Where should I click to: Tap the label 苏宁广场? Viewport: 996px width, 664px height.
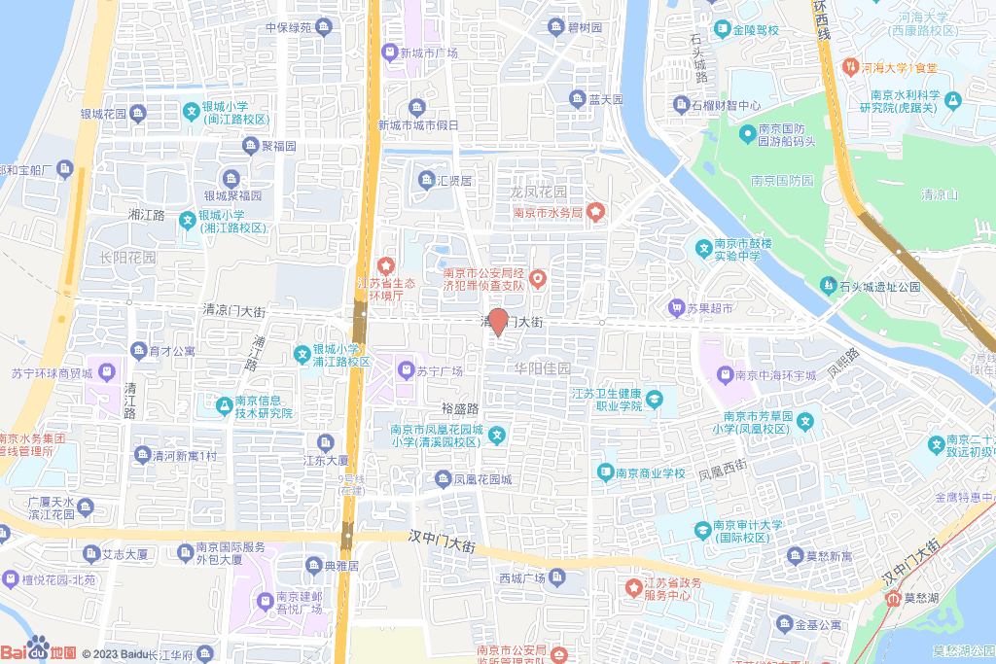click(438, 370)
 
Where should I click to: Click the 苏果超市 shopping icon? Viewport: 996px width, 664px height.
click(676, 308)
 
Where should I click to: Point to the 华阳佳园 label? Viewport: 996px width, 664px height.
click(543, 368)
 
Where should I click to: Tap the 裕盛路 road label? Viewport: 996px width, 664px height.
click(461, 409)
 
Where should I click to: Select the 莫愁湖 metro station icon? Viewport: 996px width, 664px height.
click(893, 598)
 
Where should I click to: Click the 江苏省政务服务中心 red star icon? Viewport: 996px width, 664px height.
click(631, 588)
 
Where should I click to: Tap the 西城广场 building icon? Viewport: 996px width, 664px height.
click(557, 577)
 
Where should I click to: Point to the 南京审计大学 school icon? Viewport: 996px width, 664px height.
click(702, 530)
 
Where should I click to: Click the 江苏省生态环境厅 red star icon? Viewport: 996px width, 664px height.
click(385, 264)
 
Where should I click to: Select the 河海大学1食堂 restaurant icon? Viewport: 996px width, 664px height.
click(848, 67)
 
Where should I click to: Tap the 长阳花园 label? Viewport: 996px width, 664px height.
click(127, 258)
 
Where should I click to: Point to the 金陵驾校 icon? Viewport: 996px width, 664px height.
click(722, 29)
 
